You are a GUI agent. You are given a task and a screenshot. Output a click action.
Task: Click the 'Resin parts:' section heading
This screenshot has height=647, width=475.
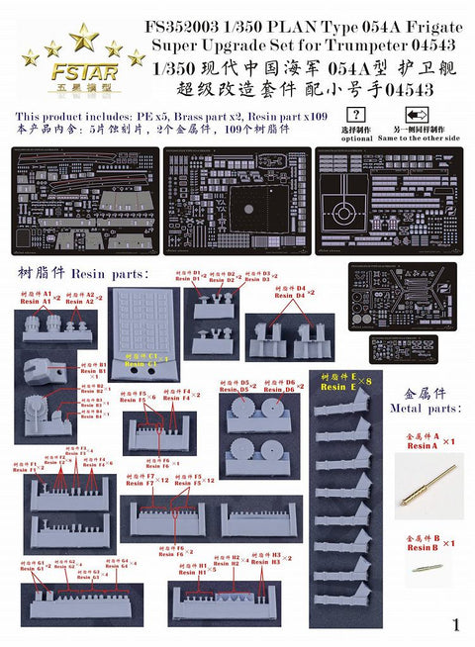coord(84,271)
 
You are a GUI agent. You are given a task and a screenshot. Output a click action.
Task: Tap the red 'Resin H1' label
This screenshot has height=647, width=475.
coord(189,572)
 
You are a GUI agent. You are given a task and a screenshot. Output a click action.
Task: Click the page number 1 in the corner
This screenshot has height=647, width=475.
coord(455,624)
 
